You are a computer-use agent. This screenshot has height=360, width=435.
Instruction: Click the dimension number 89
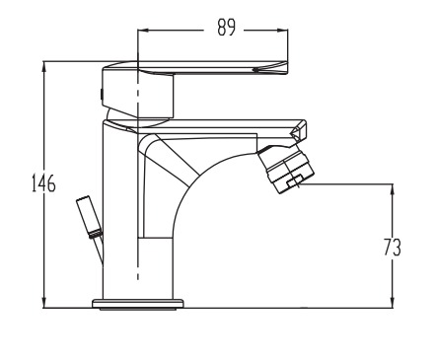coord(227,28)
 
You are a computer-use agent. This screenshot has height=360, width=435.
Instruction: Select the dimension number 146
coord(43,183)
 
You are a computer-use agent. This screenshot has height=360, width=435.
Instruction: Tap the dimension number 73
coord(393,247)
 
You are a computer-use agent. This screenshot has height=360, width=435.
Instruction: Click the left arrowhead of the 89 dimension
coord(144,31)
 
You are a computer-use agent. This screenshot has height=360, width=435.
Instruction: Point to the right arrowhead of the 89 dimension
coord(282,31)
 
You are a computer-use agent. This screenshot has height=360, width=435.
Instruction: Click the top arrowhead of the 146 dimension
coord(44,67)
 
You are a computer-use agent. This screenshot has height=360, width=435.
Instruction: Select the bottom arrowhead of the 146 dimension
coord(44,302)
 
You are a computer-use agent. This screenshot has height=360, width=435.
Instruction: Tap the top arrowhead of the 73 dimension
coord(392,189)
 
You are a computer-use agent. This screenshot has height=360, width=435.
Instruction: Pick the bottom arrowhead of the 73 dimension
coord(392,302)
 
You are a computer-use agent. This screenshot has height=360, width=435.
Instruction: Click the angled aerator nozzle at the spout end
coord(286,171)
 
